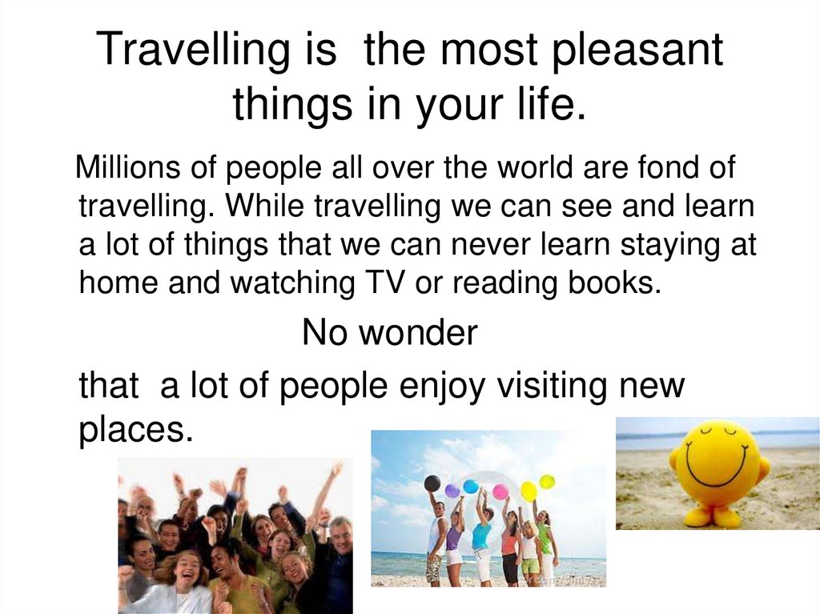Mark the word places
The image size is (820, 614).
pos(136,431)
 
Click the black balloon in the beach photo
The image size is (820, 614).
pos(432,483)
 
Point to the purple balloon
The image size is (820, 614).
pos(452,490)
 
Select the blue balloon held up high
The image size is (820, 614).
pos(471,486)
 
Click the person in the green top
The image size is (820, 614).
pos(545,540)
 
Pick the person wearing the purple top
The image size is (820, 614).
pos(455,536)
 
